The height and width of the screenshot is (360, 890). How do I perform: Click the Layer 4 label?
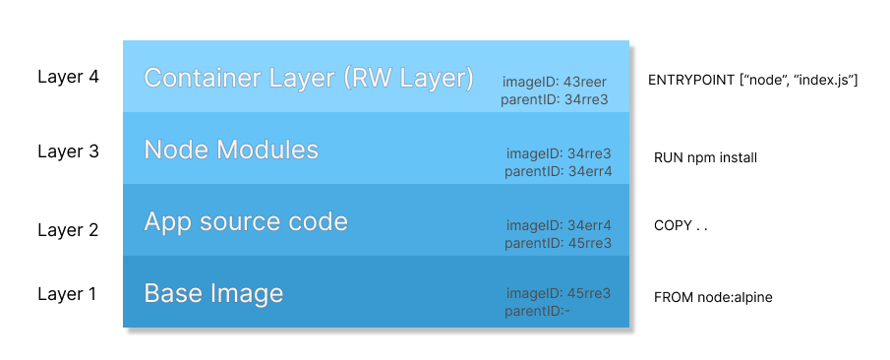click(x=68, y=77)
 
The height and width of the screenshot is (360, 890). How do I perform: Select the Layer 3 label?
click(x=68, y=151)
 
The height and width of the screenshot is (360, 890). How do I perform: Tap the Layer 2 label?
click(x=68, y=230)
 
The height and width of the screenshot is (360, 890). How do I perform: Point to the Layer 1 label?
click(x=68, y=293)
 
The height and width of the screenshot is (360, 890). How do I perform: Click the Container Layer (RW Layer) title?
click(x=309, y=78)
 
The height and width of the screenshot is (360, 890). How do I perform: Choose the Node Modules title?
click(x=231, y=150)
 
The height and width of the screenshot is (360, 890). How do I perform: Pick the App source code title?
click(x=246, y=221)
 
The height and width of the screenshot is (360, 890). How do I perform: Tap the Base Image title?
click(x=213, y=293)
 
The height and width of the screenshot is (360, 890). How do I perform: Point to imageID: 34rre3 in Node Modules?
click(x=559, y=153)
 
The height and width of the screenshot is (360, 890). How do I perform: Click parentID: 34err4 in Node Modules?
click(x=558, y=171)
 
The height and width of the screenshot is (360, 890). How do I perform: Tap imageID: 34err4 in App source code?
click(x=559, y=225)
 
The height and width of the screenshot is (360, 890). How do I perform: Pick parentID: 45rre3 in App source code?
click(x=558, y=243)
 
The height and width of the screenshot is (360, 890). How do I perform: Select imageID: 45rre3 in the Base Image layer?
click(x=559, y=293)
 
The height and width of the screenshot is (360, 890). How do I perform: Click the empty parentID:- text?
click(x=537, y=311)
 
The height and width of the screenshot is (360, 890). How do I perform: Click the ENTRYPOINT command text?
click(x=753, y=79)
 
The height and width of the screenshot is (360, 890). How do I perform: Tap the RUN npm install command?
click(x=705, y=157)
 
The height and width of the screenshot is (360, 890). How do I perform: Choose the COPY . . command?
click(x=681, y=225)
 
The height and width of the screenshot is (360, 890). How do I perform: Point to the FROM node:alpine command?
click(x=713, y=296)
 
